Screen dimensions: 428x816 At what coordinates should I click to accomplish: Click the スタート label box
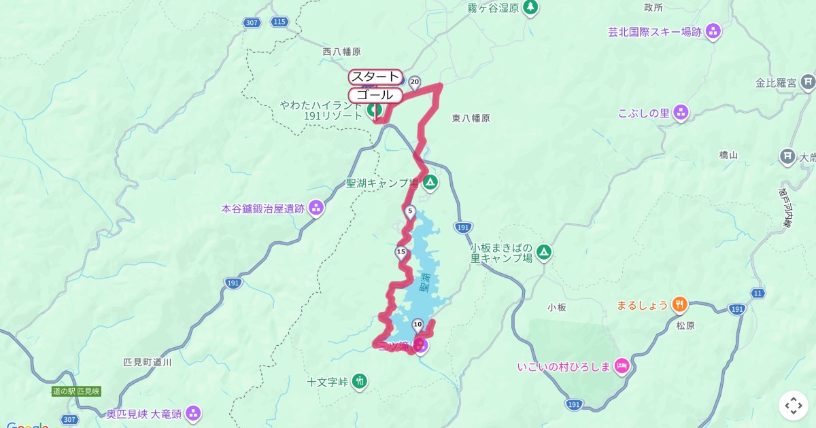375,77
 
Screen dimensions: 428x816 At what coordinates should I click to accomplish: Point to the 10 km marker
418,324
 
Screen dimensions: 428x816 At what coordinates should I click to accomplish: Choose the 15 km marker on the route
401,253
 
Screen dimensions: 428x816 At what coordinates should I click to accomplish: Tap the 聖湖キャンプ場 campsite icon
430,183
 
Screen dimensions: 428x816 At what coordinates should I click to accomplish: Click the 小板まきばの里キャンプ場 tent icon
543,253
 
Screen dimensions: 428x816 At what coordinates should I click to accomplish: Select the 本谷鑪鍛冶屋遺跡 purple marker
316,208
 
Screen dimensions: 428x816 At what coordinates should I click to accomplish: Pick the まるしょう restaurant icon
679,305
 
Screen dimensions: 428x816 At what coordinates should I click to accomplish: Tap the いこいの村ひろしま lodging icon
622,367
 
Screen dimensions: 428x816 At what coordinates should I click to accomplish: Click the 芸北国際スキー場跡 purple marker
713,31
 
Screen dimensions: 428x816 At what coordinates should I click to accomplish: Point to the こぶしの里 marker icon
681,113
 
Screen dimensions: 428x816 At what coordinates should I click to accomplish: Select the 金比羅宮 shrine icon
808,83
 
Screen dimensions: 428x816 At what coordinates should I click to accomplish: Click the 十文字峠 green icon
360,382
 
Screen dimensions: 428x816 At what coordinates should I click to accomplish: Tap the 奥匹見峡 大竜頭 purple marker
194,413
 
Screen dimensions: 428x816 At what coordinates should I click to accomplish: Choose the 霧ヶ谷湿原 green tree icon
530,8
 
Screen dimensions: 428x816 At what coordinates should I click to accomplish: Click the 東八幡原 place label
471,118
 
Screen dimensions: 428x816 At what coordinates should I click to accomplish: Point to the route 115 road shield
278,22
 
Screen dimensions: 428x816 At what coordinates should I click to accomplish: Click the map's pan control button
793,406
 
